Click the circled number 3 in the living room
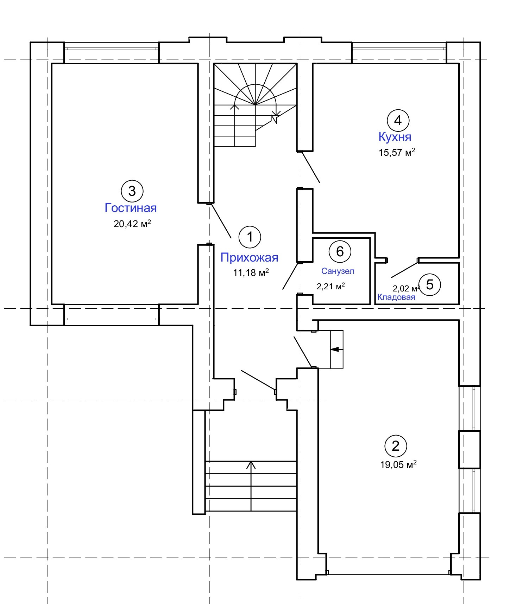(x=132, y=191)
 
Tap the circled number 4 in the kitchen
(x=398, y=121)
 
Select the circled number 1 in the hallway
(x=250, y=237)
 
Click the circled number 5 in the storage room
(x=430, y=284)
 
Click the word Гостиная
(x=131, y=208)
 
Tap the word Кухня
(x=395, y=137)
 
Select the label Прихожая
(x=249, y=257)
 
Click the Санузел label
(x=338, y=271)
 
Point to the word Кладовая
(x=396, y=297)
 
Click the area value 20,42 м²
(x=132, y=224)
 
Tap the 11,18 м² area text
(x=251, y=272)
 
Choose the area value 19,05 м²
(x=398, y=465)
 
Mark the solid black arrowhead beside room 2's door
(x=335, y=349)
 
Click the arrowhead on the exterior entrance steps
(x=251, y=465)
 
